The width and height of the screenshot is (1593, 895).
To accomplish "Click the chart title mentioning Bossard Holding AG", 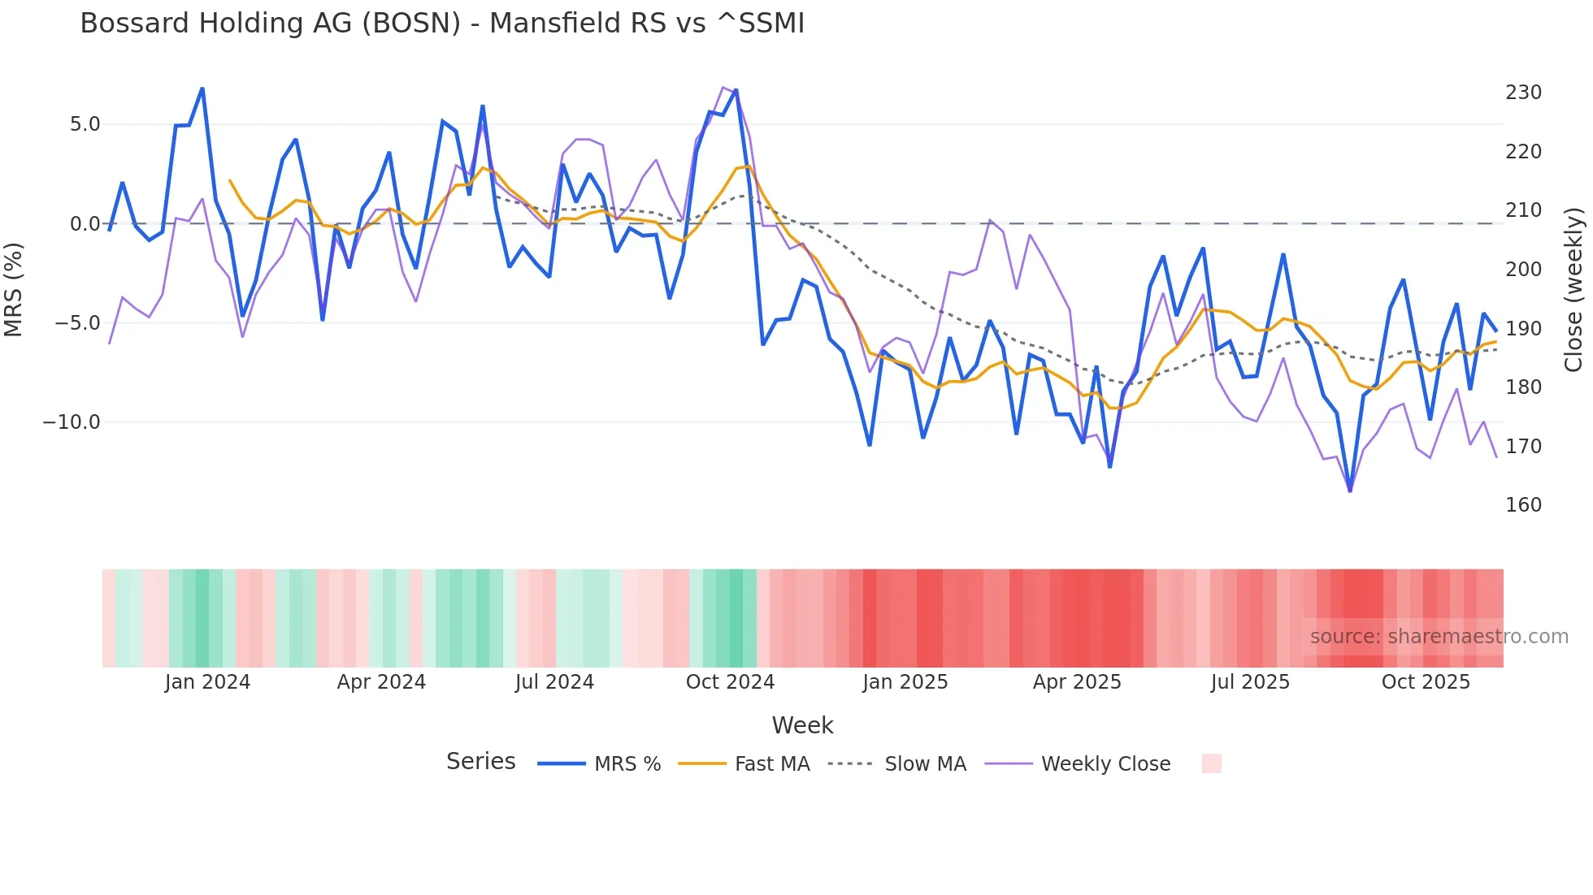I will [x=442, y=24].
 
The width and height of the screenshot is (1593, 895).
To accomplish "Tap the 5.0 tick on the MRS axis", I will [x=85, y=124].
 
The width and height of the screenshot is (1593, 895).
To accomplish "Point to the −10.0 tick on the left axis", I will [x=72, y=422].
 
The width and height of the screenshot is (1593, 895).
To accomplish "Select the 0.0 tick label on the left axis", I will [x=85, y=224].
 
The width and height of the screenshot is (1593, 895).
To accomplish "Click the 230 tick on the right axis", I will [x=1523, y=93].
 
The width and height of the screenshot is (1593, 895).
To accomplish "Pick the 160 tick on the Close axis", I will [x=1523, y=505].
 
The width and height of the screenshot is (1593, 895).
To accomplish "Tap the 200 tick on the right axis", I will [x=1523, y=270].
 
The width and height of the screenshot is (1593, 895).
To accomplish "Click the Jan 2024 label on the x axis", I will [x=207, y=682].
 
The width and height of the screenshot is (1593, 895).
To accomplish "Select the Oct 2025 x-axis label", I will [x=1426, y=682].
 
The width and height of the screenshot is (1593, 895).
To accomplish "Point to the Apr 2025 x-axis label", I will [x=1077, y=682].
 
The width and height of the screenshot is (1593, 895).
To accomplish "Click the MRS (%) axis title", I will [x=14, y=289].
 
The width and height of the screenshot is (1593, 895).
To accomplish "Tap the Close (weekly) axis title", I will [x=1574, y=289].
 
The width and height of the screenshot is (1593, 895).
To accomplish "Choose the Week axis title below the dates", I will [x=802, y=725].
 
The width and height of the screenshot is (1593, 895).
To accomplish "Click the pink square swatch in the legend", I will [x=1211, y=763].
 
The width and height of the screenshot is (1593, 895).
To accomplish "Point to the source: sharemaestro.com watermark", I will [x=1439, y=637].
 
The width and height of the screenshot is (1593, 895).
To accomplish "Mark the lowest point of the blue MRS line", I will [x=1350, y=491].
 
